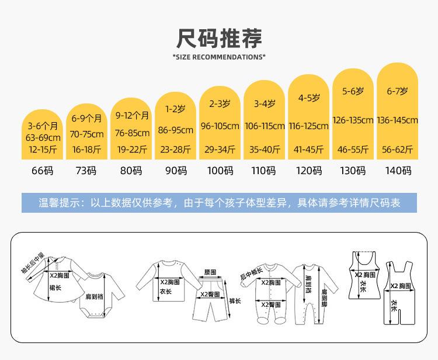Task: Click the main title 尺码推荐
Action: [x=219, y=39]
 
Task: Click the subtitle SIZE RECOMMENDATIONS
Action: [x=219, y=57]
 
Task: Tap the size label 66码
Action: [x=42, y=171]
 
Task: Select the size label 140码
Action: [x=398, y=171]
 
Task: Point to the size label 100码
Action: [x=220, y=171]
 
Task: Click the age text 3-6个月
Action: [x=43, y=126]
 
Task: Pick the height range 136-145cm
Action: [x=397, y=120]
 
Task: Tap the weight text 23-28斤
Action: [x=175, y=150]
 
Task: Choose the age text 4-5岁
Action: [x=309, y=98]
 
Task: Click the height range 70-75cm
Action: [x=86, y=134]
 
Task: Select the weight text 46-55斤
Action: [x=353, y=150]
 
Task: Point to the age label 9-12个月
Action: [x=132, y=116]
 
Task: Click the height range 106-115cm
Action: [x=265, y=126]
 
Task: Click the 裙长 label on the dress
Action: [x=55, y=288]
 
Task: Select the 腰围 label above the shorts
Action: [x=210, y=272]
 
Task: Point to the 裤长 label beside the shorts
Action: [x=235, y=301]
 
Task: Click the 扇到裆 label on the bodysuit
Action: [x=95, y=296]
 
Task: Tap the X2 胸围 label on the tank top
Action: [x=365, y=275]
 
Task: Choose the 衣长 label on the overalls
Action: [x=394, y=306]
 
